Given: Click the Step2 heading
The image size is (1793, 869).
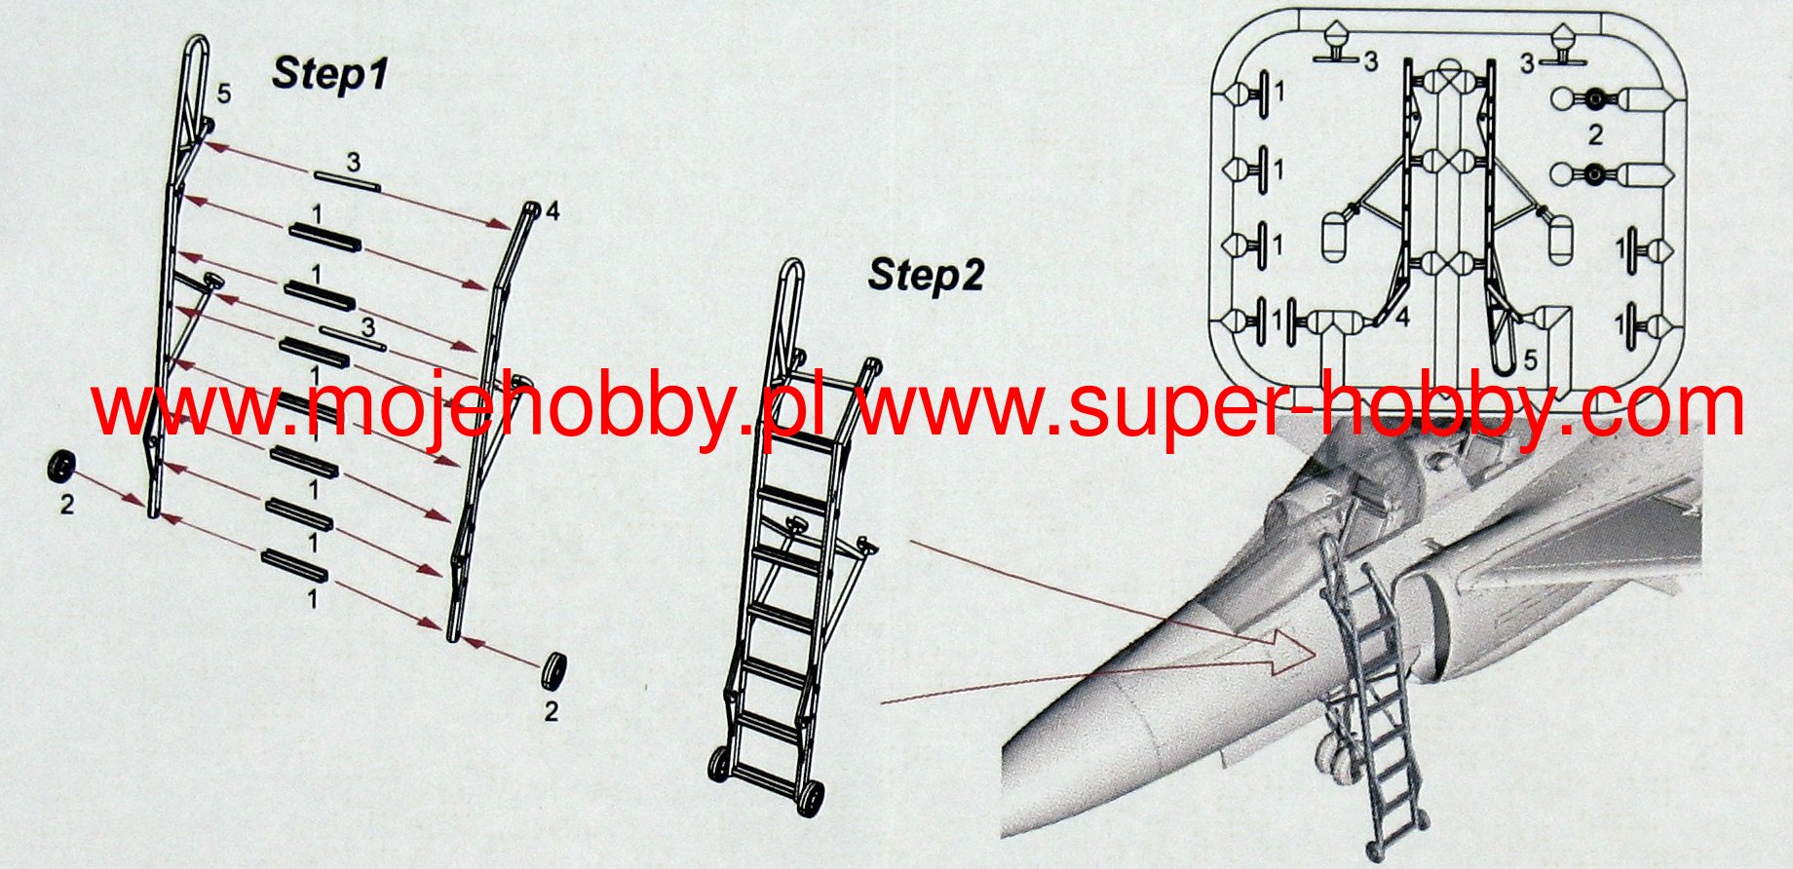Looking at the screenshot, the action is (927, 275).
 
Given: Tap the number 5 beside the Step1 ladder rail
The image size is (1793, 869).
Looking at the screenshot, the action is (224, 94).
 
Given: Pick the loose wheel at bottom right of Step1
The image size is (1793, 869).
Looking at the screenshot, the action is (554, 668).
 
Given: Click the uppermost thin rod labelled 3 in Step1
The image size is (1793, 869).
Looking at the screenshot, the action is (347, 178).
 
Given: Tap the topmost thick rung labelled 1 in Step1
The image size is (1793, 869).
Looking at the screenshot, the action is (324, 236).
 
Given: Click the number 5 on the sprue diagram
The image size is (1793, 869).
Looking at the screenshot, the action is (1530, 361).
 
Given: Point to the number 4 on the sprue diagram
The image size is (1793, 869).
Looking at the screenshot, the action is (1402, 319).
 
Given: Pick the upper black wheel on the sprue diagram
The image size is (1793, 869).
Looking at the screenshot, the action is (1595, 98).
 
